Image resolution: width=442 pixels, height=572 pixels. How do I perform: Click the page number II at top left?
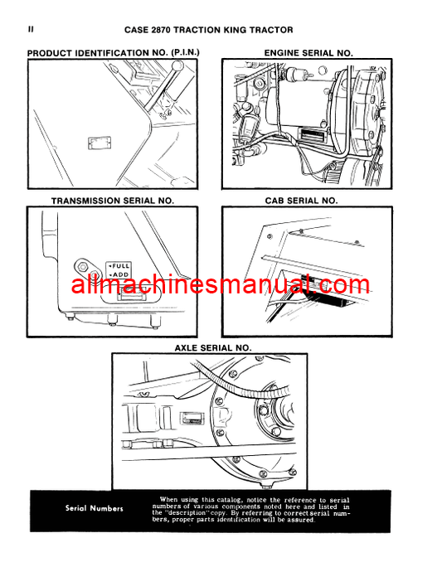coord(31,30)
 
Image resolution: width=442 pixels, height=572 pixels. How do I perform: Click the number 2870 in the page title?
coord(160,30)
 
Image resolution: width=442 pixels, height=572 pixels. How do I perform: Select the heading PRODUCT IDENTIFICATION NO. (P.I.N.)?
coord(113,53)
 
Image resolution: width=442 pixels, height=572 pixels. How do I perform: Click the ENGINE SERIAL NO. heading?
coord(308,53)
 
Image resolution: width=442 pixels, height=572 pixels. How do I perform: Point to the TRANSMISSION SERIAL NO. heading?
coord(113,201)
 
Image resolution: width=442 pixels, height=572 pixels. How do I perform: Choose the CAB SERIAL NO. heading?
coord(302,201)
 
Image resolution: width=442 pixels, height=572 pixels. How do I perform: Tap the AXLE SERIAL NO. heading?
coord(213,348)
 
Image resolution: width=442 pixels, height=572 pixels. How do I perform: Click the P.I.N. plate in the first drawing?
coord(100,143)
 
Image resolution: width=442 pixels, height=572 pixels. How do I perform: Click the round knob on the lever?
coord(177,66)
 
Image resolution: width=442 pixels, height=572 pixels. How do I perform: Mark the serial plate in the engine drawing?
coord(312,136)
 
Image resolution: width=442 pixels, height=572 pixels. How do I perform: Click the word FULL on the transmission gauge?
coord(120,266)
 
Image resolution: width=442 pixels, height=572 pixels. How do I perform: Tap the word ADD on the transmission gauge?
coord(120,274)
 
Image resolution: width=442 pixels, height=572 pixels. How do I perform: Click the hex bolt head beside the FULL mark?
coord(83,267)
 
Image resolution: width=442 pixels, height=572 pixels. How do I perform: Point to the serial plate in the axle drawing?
coord(192,419)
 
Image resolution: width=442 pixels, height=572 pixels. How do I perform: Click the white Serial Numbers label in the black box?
coord(95,508)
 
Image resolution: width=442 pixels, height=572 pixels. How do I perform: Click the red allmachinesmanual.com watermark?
coord(221,284)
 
